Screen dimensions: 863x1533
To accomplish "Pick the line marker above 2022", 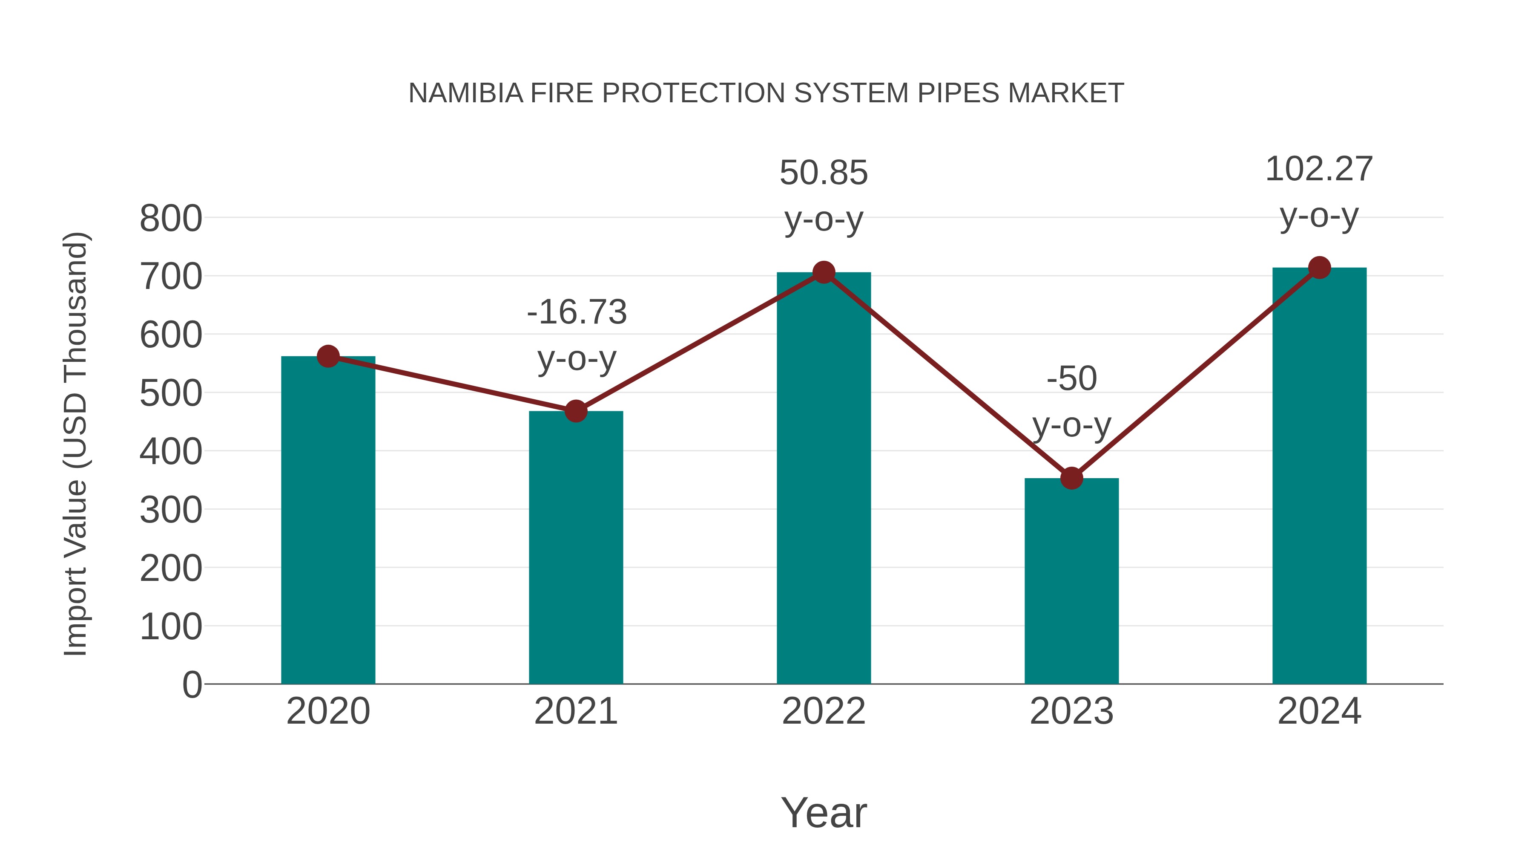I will (x=824, y=273).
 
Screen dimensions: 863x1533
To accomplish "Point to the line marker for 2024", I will (x=1319, y=268).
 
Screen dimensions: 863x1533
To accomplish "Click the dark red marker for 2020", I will (x=328, y=357).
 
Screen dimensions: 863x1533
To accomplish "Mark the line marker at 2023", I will (x=1071, y=478).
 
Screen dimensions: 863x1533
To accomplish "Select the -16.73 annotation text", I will (x=577, y=313).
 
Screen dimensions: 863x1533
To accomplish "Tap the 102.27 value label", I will (x=1319, y=169).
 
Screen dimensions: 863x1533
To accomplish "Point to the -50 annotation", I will (x=1071, y=379).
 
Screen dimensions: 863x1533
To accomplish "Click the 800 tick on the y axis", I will (x=171, y=219).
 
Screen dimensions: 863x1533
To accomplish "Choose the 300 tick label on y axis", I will (x=171, y=511).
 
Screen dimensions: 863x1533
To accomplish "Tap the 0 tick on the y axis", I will (x=192, y=685).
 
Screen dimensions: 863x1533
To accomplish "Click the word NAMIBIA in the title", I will (x=465, y=93).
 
